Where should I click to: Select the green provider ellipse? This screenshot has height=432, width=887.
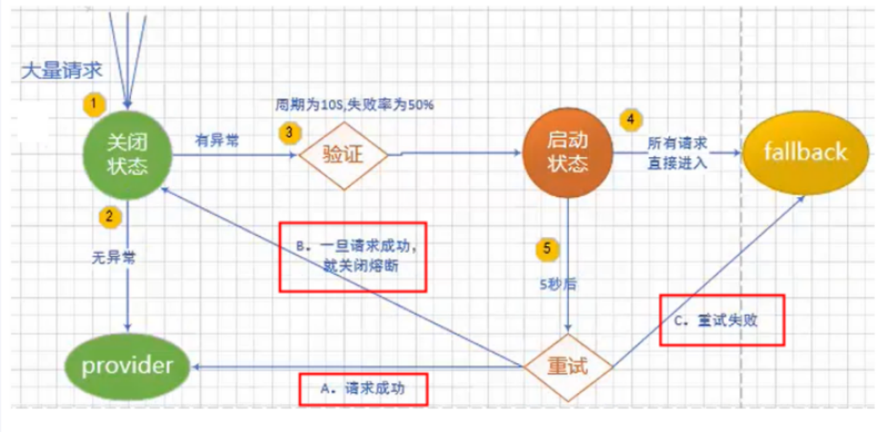click(x=127, y=366)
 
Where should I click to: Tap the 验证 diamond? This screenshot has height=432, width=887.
click(x=343, y=154)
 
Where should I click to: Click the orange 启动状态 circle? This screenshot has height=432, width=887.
click(x=567, y=154)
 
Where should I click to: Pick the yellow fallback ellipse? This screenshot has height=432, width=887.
click(x=805, y=152)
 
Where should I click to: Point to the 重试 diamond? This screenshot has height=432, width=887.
click(x=567, y=367)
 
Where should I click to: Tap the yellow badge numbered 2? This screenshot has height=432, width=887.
click(x=110, y=216)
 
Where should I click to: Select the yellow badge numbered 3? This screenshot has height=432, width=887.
click(x=288, y=131)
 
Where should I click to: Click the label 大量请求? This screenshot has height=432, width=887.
click(x=62, y=71)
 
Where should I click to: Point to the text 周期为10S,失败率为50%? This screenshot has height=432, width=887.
click(x=354, y=105)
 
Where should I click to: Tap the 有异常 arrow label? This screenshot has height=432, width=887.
click(x=217, y=141)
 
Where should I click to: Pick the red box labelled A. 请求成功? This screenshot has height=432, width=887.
click(x=363, y=389)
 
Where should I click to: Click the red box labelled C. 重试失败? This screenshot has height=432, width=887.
click(x=722, y=320)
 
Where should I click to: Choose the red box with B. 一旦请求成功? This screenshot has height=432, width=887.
click(x=352, y=256)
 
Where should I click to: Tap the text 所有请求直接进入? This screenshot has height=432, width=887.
click(x=677, y=153)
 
